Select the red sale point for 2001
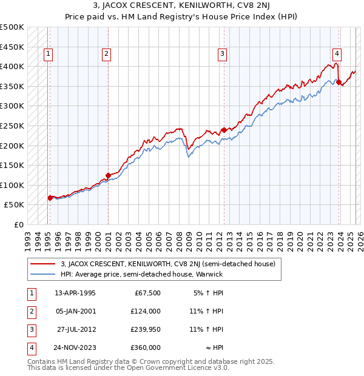click(x=108, y=176)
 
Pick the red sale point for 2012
click(x=224, y=130)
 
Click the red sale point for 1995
click(x=50, y=198)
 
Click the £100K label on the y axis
click(x=12, y=185)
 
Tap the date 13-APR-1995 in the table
click(x=75, y=293)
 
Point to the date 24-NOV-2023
click(x=75, y=347)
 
